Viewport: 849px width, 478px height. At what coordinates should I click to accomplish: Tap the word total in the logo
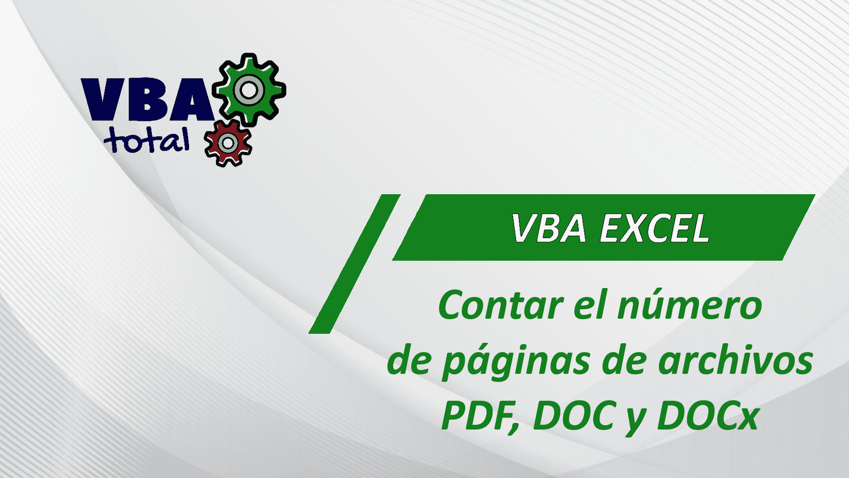[x=146, y=140]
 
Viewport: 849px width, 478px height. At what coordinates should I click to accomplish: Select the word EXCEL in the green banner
[x=655, y=228]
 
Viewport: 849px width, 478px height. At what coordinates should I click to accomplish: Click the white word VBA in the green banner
[x=549, y=228]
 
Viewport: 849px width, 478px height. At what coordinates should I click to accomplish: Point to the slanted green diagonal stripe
[x=355, y=264]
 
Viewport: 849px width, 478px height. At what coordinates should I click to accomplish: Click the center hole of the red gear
[x=228, y=143]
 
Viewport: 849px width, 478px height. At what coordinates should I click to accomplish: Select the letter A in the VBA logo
[x=190, y=99]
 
